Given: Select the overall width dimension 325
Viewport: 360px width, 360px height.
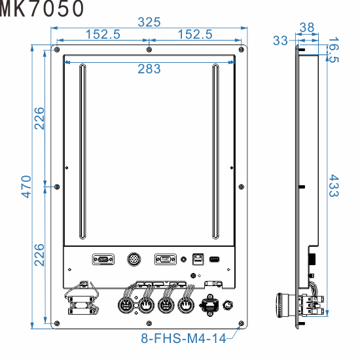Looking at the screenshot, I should pyautogui.click(x=149, y=22).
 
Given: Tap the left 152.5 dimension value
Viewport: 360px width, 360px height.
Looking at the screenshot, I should pyautogui.click(x=101, y=35).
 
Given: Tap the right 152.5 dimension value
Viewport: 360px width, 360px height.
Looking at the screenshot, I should pyautogui.click(x=195, y=35).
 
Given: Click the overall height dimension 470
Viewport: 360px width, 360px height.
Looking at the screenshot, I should pyautogui.click(x=26, y=187).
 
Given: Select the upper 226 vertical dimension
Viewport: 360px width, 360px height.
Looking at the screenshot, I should pyautogui.click(x=39, y=118).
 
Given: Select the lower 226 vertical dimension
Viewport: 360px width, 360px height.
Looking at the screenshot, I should pyautogui.click(x=39, y=255).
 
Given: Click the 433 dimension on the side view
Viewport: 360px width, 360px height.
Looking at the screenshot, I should pyautogui.click(x=333, y=186).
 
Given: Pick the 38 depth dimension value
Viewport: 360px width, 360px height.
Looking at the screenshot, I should pyautogui.click(x=306, y=27).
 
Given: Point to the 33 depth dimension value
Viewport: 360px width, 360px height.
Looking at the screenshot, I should pyautogui.click(x=280, y=41).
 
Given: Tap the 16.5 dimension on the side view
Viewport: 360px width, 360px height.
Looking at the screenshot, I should pyautogui.click(x=333, y=50).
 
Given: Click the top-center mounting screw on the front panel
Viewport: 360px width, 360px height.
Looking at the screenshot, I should pyautogui.click(x=149, y=50).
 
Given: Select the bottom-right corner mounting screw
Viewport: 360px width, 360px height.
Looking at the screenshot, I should pyautogui.click(x=242, y=323).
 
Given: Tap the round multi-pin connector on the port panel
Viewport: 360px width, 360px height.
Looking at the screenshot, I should pyautogui.click(x=134, y=259).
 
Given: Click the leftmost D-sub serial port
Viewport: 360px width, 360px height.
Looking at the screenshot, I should pyautogui.click(x=102, y=259).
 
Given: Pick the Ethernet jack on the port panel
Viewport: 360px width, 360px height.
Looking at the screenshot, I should pyautogui.click(x=197, y=259).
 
